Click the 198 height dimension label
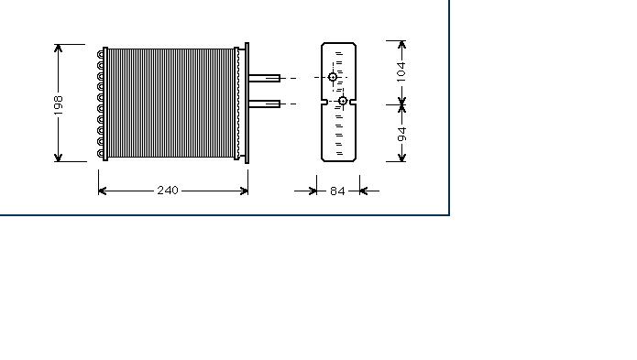pyautogui.click(x=59, y=105)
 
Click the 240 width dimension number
pyautogui.click(x=168, y=191)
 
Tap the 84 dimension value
pyautogui.click(x=337, y=191)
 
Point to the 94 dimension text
pyautogui.click(x=401, y=135)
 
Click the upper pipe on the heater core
pyautogui.click(x=265, y=78)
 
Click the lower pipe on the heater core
pyautogui.click(x=265, y=104)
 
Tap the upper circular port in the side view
pyautogui.click(x=333, y=77)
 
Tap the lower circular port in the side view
pyautogui.click(x=343, y=101)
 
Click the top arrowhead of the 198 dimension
pyautogui.click(x=58, y=49)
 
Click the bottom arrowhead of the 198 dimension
pyautogui.click(x=58, y=157)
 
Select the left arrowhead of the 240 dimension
pyautogui.click(x=103, y=191)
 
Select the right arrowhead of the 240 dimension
pyautogui.click(x=244, y=191)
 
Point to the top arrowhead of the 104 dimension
pyautogui.click(x=401, y=45)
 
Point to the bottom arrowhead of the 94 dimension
pyautogui.click(x=401, y=157)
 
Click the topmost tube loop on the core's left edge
pyautogui.click(x=100, y=54)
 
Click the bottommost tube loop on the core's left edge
pyautogui.click(x=100, y=153)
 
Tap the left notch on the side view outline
pyautogui.click(x=324, y=103)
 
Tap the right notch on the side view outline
pyautogui.click(x=354, y=103)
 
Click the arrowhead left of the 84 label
pyautogui.click(x=313, y=191)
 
